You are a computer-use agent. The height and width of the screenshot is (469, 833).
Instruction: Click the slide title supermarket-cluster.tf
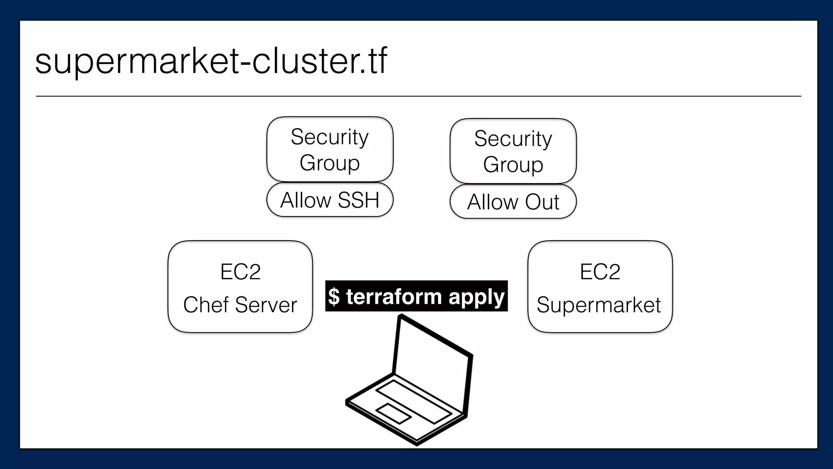click(211, 61)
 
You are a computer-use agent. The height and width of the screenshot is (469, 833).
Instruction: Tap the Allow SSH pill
click(329, 200)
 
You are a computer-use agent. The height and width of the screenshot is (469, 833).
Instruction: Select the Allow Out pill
click(513, 202)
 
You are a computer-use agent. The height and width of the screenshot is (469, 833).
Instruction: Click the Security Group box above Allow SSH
click(329, 149)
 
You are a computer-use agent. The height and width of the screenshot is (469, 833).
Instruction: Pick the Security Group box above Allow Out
click(513, 151)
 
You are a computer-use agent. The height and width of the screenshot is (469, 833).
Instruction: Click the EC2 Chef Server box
click(240, 287)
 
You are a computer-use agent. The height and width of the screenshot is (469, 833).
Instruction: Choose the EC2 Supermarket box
click(600, 287)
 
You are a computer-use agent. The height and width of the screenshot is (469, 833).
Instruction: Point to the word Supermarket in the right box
click(599, 305)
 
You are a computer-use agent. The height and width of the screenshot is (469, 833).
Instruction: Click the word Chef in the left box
click(206, 305)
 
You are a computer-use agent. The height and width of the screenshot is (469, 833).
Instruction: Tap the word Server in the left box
click(266, 305)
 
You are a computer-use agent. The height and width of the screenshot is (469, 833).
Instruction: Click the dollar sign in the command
click(334, 296)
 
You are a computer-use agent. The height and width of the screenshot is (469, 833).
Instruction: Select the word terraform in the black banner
click(394, 296)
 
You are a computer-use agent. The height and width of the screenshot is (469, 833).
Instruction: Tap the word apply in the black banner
click(476, 297)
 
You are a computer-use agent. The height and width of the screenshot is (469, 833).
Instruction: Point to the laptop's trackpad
click(393, 414)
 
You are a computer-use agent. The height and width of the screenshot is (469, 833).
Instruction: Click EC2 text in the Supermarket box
click(600, 272)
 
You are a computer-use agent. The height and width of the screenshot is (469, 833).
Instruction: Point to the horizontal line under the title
click(418, 96)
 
